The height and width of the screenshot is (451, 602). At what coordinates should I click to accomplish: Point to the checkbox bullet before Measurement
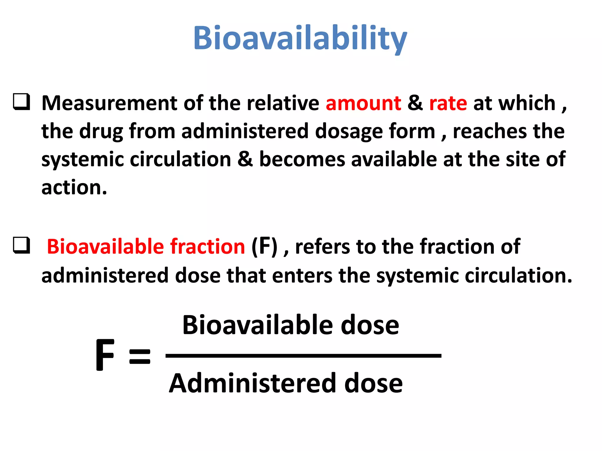pos(21,102)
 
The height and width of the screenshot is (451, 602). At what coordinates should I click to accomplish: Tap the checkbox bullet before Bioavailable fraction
pos(21,245)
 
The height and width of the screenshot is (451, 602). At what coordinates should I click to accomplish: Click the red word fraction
pos(208,246)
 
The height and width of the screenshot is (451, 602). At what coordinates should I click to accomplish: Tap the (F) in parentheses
pos(264,246)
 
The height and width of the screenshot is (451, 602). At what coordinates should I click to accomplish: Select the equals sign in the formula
pos(140,356)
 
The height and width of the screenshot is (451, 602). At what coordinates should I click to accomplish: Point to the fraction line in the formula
pos(303,356)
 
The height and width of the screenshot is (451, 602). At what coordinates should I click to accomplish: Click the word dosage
pos(349,132)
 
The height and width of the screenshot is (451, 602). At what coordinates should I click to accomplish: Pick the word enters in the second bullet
pos(302,276)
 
